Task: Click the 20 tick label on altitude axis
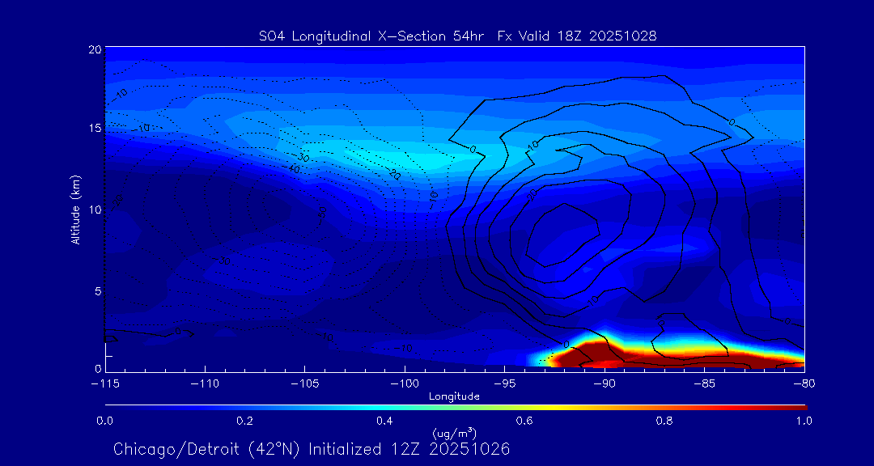pyautogui.click(x=95, y=49)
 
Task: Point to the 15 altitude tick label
pyautogui.click(x=95, y=129)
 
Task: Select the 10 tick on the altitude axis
pyautogui.click(x=95, y=210)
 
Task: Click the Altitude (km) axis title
pyautogui.click(x=75, y=209)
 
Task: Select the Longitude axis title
pyautogui.click(x=454, y=396)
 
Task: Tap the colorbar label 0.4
pyautogui.click(x=384, y=421)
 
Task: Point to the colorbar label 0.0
pyautogui.click(x=105, y=421)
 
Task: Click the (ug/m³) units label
pyautogui.click(x=454, y=434)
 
